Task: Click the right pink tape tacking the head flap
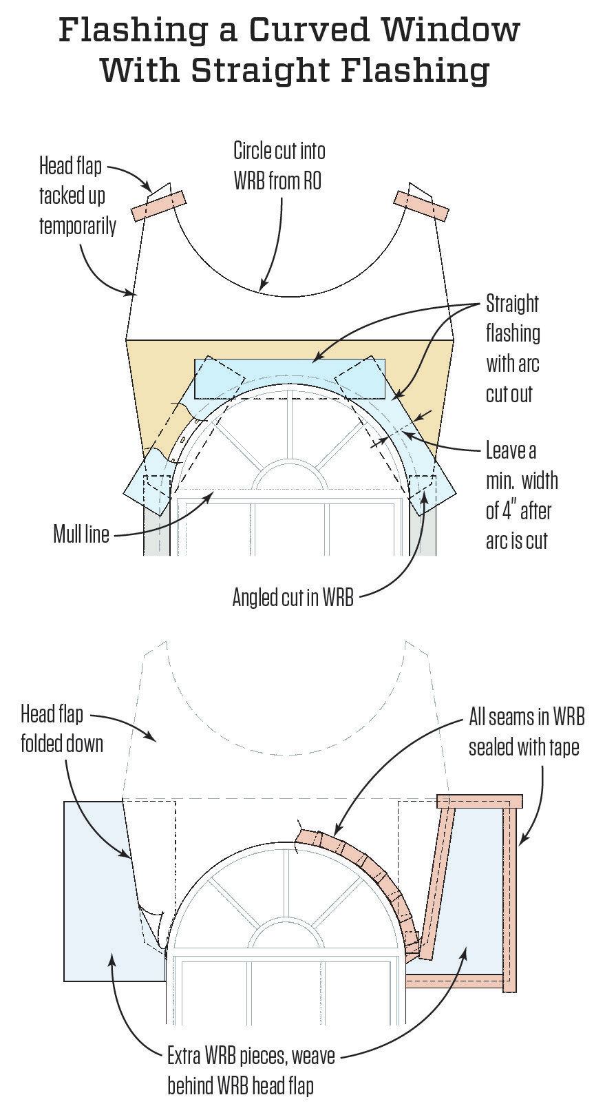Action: coord(421,205)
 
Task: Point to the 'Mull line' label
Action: coord(81,534)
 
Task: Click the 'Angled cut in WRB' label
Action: coord(293,596)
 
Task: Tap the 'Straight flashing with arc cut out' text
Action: coord(513,348)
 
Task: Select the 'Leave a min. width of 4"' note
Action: coord(521,496)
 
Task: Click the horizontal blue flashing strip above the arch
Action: coord(289,377)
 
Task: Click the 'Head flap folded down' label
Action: coord(61,729)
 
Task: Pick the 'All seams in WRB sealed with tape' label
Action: coord(526,731)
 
